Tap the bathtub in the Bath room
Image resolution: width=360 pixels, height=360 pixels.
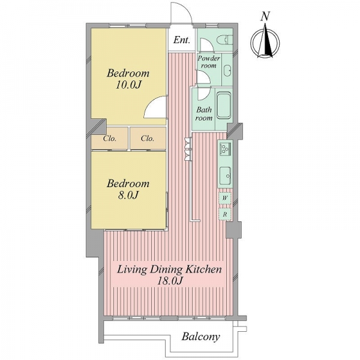coord(224,106)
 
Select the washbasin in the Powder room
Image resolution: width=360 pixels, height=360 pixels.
coord(227,70)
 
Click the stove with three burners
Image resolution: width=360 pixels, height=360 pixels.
coord(225,149)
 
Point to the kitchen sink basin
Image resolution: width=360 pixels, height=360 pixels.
coord(226,176)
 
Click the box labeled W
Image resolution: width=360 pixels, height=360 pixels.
coord(225,198)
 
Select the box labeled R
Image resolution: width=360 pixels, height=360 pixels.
coord(225,214)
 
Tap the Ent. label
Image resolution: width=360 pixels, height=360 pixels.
coord(182,40)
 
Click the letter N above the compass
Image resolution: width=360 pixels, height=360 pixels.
coord(265,17)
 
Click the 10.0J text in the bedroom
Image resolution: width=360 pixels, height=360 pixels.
coord(128,85)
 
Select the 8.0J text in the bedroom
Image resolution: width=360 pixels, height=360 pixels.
coord(128,195)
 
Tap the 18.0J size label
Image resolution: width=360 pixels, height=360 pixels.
coord(170,281)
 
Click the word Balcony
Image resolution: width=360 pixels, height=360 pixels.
coord(201,337)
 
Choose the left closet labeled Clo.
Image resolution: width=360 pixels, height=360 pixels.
coord(110,139)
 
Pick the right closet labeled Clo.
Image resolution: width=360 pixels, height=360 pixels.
coord(148,139)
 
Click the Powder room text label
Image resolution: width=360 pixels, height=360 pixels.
coord(209,62)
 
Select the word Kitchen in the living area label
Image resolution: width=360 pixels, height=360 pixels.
coord(203,269)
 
